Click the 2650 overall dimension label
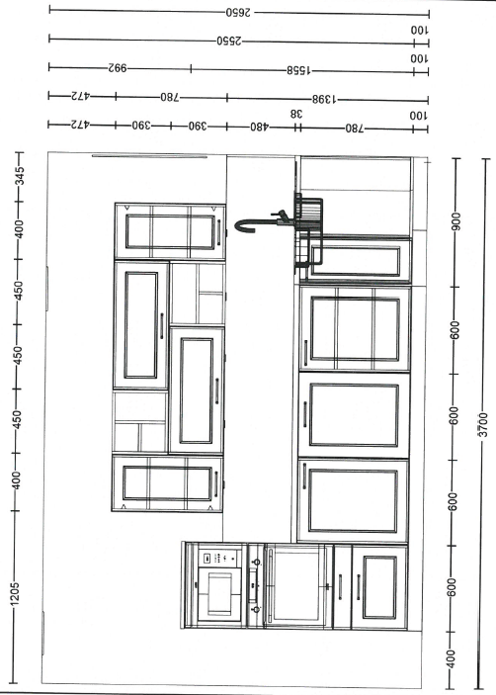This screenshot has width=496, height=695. (x=238, y=13)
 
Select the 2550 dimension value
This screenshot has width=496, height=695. (x=229, y=42)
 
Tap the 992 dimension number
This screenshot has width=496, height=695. (x=118, y=68)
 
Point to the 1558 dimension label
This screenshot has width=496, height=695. (x=299, y=70)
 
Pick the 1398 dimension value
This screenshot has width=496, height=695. (x=324, y=99)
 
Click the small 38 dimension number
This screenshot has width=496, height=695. (x=296, y=114)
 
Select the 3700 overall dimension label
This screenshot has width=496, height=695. (x=483, y=425)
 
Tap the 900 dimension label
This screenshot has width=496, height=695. (x=456, y=221)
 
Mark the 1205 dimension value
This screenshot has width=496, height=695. (x=15, y=594)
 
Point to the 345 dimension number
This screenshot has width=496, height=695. (x=20, y=177)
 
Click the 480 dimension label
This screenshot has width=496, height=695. (x=260, y=128)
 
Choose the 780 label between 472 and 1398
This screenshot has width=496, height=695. (x=170, y=97)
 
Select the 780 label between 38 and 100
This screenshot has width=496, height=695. (x=355, y=129)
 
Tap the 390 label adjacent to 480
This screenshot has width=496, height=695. (x=198, y=127)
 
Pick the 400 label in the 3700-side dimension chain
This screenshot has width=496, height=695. (x=451, y=658)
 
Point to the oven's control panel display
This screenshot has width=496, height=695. (x=207, y=558)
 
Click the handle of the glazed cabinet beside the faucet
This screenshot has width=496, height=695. (x=218, y=231)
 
